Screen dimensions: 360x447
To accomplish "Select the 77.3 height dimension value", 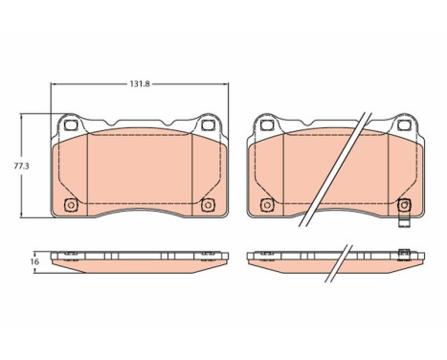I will (14, 166).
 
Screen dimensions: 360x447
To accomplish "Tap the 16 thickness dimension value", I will (33, 260).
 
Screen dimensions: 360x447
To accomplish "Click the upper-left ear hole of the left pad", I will (70, 125).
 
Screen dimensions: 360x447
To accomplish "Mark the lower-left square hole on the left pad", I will (69, 204).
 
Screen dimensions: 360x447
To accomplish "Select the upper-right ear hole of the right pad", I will (404, 125).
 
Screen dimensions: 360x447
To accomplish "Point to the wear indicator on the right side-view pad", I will (406, 254).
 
